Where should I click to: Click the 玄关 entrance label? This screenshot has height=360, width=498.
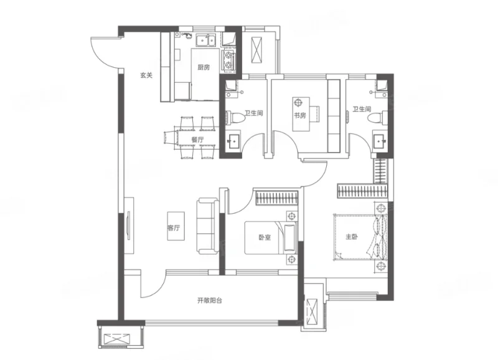[146, 75]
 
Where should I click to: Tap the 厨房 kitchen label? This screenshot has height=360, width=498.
[204, 67]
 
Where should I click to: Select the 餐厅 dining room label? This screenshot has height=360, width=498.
[197, 140]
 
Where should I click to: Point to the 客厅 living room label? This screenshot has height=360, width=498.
[174, 228]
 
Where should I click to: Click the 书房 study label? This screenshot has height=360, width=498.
[300, 115]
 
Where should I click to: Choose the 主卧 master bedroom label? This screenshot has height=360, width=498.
[352, 237]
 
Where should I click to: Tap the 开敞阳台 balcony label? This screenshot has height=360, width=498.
[210, 300]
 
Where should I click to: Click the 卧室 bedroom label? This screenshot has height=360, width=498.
[265, 237]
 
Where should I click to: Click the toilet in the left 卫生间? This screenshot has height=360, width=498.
[235, 117]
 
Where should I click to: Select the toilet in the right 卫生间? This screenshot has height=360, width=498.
[377, 117]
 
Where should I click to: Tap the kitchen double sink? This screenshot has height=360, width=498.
[206, 40]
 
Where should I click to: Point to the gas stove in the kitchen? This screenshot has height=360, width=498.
[228, 60]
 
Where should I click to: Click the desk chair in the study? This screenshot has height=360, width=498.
[298, 103]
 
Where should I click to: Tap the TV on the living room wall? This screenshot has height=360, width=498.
[129, 225]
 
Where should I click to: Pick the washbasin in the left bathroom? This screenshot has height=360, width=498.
[235, 140]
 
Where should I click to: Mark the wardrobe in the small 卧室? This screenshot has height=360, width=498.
[276, 197]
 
